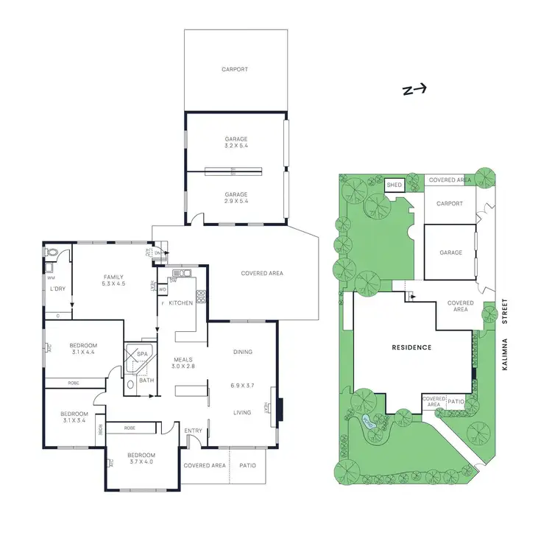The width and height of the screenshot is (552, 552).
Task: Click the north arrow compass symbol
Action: click(414, 90)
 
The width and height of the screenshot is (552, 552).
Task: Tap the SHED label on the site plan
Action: click(394, 185)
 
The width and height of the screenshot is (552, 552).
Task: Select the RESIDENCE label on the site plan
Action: click(411, 347)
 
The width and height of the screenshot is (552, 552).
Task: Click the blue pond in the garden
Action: click(369, 422)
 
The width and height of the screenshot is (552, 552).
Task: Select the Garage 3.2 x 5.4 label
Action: click(236, 142)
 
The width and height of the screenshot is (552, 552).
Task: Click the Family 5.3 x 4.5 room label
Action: click(113, 280)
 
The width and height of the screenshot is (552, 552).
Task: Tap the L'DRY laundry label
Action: click(57, 289)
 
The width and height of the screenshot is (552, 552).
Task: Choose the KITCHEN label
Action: click(181, 303)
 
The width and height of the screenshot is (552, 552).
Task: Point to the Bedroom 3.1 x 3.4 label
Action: click(74, 418)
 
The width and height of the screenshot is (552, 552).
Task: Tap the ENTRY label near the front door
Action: click(194, 431)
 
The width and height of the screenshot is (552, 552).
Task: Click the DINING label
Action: click(242, 352)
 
